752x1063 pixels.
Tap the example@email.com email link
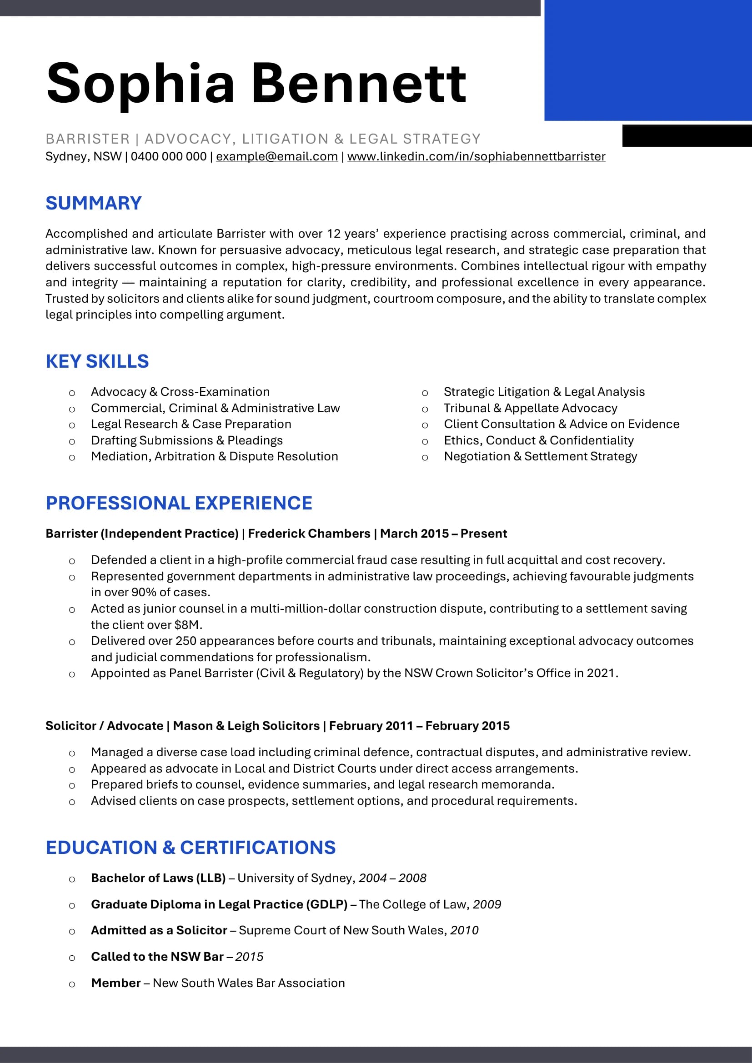tap(277, 156)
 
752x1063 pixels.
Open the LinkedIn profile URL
tap(476, 156)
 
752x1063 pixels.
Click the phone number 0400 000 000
tap(169, 156)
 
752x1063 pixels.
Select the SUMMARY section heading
tap(94, 203)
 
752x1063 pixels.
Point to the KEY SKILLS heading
tap(97, 361)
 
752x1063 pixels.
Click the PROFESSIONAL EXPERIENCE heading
tap(179, 503)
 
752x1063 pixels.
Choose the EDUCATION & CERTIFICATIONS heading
tap(191, 847)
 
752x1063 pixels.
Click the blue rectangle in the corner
tap(647, 60)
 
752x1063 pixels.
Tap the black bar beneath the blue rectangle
tap(687, 135)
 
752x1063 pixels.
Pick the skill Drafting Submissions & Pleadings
tap(186, 440)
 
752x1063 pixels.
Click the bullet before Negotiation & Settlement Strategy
tap(425, 458)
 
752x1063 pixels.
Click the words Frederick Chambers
tap(309, 534)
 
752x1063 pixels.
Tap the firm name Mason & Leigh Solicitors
tap(246, 725)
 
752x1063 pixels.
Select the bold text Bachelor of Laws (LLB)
tap(158, 878)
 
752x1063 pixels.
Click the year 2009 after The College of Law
tap(486, 904)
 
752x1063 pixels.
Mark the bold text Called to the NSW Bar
tap(157, 957)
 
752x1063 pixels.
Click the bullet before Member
tap(72, 984)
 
